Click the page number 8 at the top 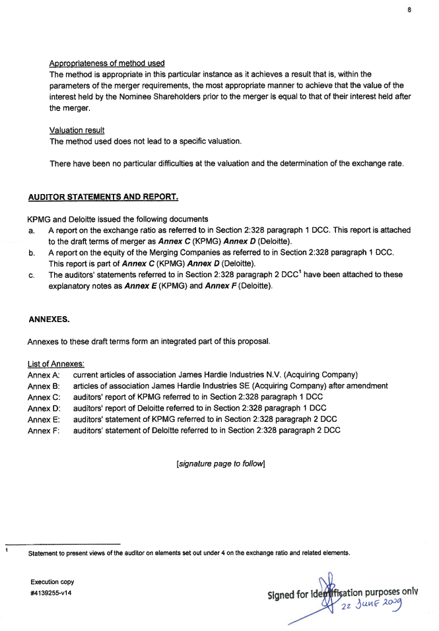click(409, 11)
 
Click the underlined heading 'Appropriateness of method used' click(107, 63)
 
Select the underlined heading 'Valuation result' click(77, 131)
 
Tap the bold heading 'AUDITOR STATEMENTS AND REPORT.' click(103, 197)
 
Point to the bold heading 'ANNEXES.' click(49, 319)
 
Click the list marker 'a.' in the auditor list click(32, 231)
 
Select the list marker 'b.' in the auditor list click(32, 253)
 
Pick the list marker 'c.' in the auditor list click(32, 275)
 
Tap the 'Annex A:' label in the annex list click(44, 375)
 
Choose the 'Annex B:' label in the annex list click(44, 386)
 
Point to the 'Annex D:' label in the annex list click(44, 409)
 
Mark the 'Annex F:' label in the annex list click(44, 431)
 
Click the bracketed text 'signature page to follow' click(220, 464)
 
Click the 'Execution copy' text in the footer click(52, 582)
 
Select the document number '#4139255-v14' click(51, 593)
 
